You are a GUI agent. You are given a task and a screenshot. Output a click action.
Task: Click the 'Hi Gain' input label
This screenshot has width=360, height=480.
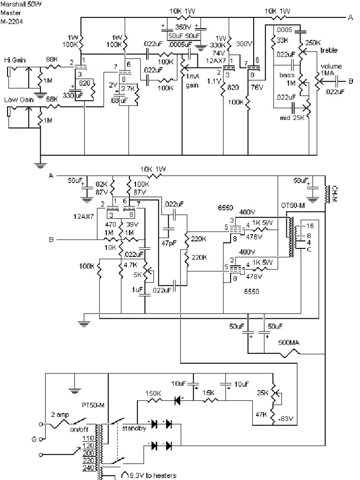15,60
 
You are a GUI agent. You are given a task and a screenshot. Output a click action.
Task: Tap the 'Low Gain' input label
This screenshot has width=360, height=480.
16,100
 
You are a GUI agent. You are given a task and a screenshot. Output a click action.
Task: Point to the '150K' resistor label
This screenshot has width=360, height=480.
153,393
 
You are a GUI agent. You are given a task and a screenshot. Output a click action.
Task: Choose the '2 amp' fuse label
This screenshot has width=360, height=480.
60,415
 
